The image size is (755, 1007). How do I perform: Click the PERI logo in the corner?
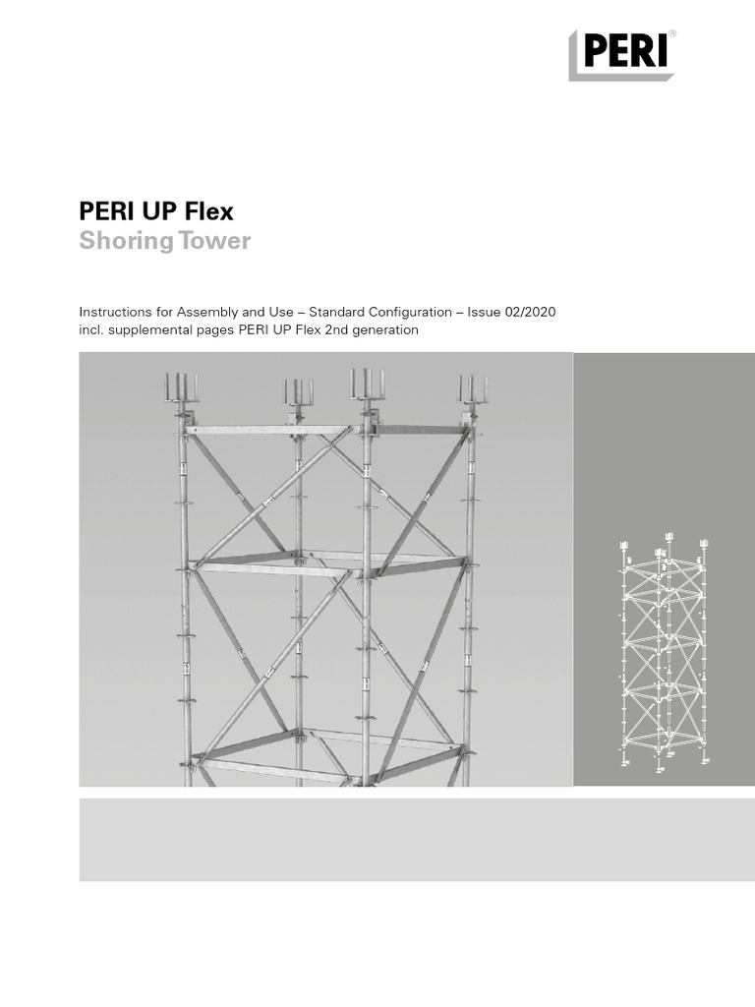tap(620, 55)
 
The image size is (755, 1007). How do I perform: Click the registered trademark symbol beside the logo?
tap(671, 35)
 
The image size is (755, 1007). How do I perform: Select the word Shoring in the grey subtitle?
tap(122, 241)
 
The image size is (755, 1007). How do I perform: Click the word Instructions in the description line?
tap(113, 312)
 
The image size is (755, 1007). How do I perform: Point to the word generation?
tap(385, 330)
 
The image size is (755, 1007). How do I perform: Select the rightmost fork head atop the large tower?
tap(473, 387)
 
